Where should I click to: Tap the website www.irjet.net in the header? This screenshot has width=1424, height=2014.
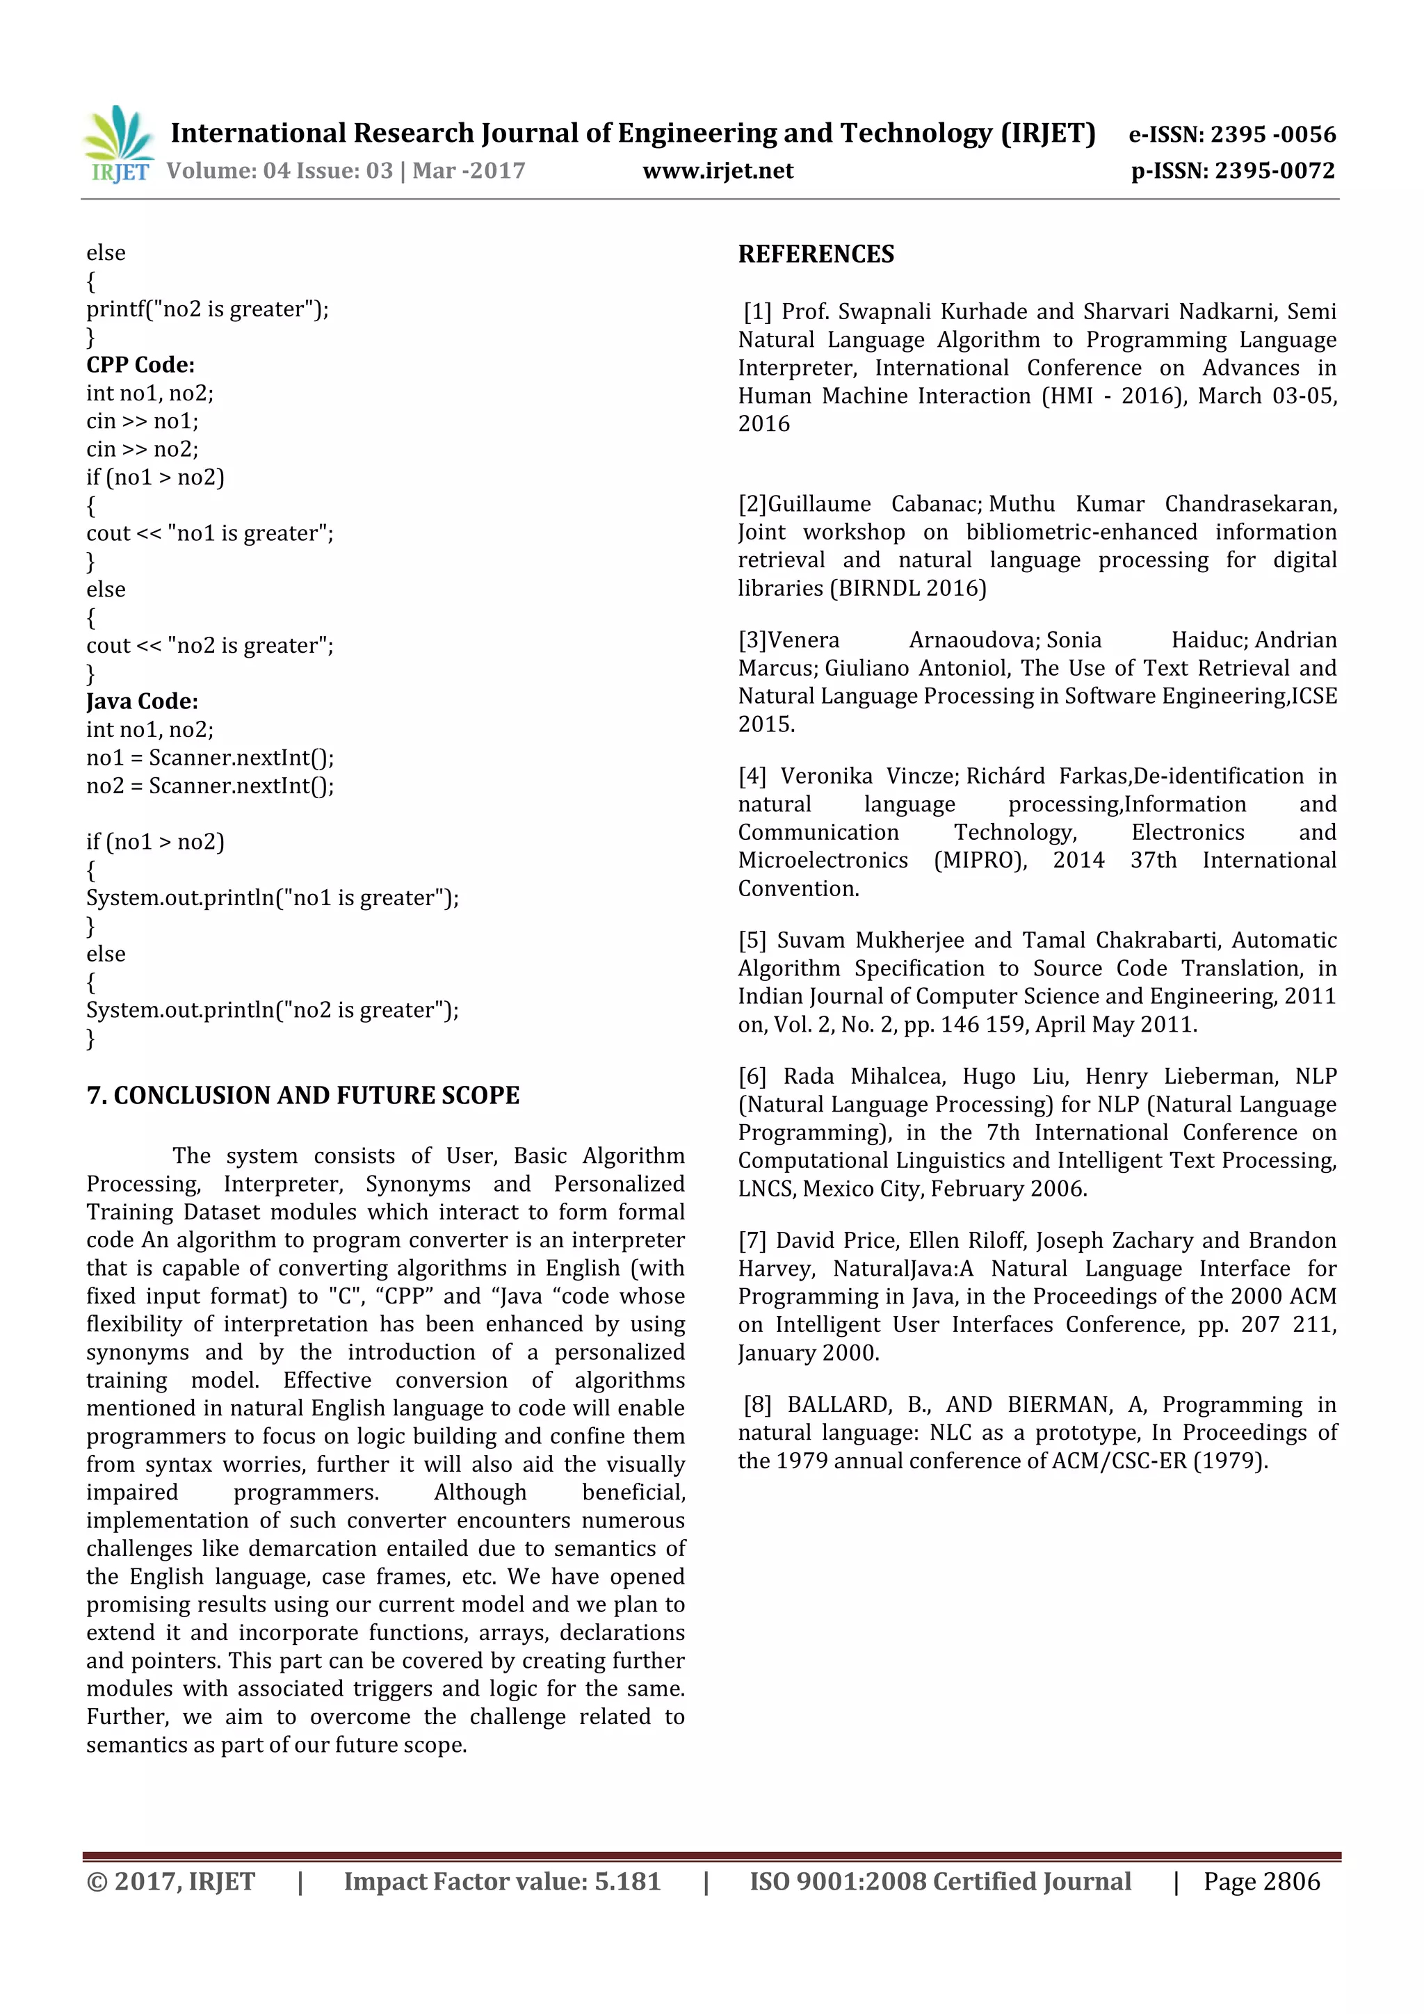718,171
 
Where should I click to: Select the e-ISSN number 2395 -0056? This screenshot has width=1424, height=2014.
1272,134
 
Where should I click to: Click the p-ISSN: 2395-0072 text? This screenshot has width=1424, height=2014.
1233,171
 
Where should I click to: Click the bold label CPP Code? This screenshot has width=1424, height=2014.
140,365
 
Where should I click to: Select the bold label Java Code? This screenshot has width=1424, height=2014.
142,701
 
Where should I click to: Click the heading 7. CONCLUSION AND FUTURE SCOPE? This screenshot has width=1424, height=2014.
302,1096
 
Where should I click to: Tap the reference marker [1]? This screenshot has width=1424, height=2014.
757,312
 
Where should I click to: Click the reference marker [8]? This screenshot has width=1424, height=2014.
757,1404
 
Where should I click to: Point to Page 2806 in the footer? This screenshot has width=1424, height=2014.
1261,1881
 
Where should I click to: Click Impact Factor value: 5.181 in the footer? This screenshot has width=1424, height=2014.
502,1881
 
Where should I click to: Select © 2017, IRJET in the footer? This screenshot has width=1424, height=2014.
170,1881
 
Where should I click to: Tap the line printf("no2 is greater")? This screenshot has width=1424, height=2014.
207,309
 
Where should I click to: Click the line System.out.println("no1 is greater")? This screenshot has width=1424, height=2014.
272,898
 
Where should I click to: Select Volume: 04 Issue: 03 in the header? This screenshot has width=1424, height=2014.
279,171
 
